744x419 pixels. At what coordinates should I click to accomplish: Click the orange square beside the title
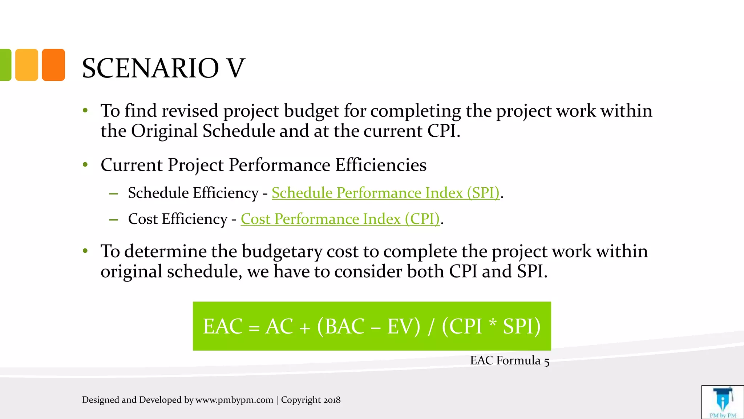53,65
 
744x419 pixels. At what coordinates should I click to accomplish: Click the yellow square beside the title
27,65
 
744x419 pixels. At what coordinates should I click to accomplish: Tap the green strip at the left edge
5,65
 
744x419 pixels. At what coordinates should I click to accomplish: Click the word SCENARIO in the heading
150,68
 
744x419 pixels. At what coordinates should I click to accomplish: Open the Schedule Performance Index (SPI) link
385,193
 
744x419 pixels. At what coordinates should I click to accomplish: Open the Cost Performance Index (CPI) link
340,219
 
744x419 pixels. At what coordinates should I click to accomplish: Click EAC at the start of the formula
222,326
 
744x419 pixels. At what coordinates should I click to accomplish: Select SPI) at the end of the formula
522,326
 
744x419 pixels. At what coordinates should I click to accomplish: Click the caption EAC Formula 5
510,360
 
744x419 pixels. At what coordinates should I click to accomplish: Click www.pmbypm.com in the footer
234,400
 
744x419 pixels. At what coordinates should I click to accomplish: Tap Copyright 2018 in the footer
311,400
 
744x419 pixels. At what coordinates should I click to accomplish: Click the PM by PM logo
723,402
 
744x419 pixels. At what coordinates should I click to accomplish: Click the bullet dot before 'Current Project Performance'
85,165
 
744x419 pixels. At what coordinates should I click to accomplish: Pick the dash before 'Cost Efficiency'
114,219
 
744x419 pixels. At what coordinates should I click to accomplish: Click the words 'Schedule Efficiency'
193,193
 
